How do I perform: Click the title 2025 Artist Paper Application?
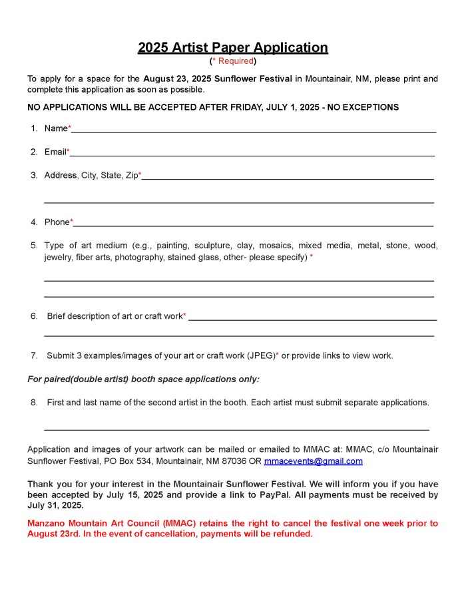point(232,47)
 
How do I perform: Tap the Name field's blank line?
point(253,131)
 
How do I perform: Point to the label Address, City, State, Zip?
point(91,175)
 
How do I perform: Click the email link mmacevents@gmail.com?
point(313,461)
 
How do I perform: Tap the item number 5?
point(33,246)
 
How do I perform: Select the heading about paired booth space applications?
point(143,379)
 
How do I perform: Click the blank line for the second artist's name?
point(236,429)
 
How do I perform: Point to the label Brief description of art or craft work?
point(115,316)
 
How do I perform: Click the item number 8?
point(33,402)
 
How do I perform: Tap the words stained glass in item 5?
point(193,257)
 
